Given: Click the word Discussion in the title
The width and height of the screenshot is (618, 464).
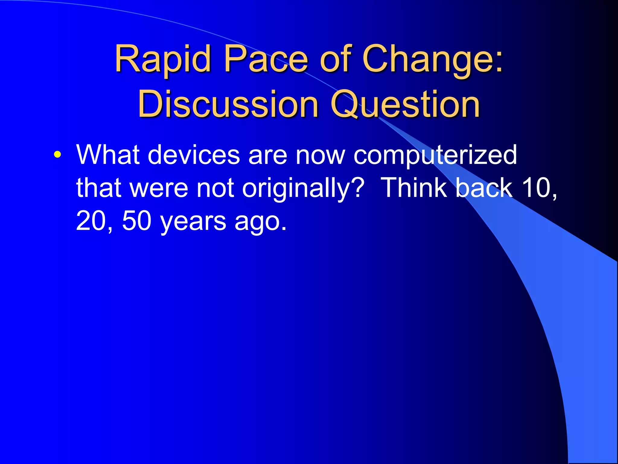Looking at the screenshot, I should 228,104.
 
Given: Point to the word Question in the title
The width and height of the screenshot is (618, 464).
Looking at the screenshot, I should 405,104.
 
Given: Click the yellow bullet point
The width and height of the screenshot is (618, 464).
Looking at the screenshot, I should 57,155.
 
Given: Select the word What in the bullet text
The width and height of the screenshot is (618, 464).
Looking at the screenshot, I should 108,155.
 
